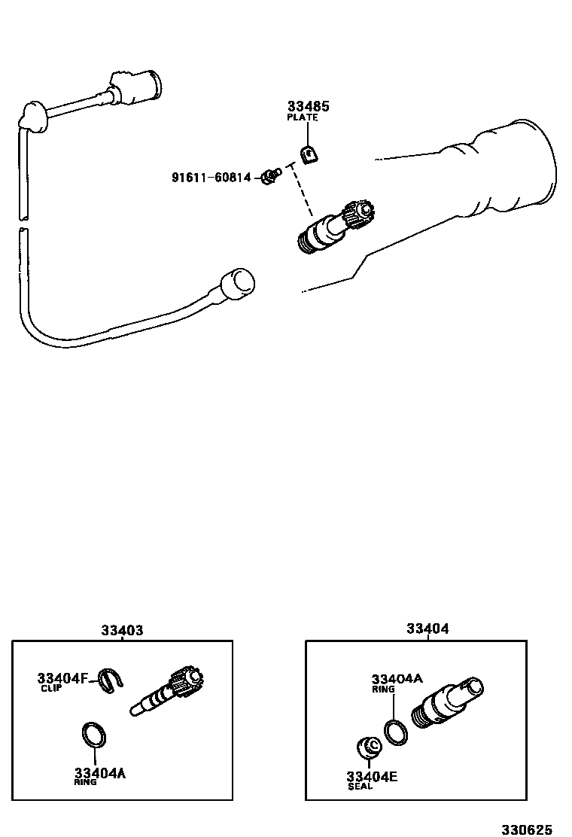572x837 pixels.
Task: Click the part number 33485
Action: (309, 107)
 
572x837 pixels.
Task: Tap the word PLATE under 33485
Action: (303, 118)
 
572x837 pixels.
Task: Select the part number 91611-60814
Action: (211, 178)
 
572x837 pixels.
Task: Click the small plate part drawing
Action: (308, 155)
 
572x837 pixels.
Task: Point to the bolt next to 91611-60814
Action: (269, 177)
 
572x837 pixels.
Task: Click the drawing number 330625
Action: (527, 829)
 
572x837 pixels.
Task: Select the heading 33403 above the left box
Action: (122, 630)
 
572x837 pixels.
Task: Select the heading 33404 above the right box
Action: (427, 629)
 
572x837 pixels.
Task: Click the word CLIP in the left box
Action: (51, 689)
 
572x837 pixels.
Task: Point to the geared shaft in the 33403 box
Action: (169, 691)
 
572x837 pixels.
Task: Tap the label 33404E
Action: (372, 776)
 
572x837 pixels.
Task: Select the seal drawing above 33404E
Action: (367, 747)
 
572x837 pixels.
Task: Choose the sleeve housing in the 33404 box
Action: (447, 702)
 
